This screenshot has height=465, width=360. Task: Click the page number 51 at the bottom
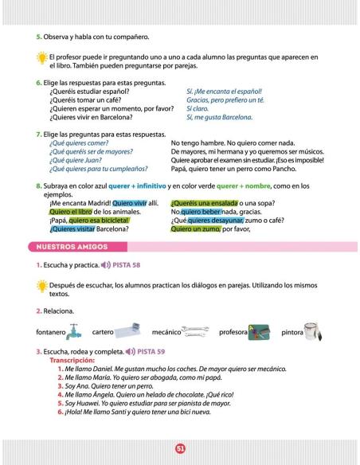180,448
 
